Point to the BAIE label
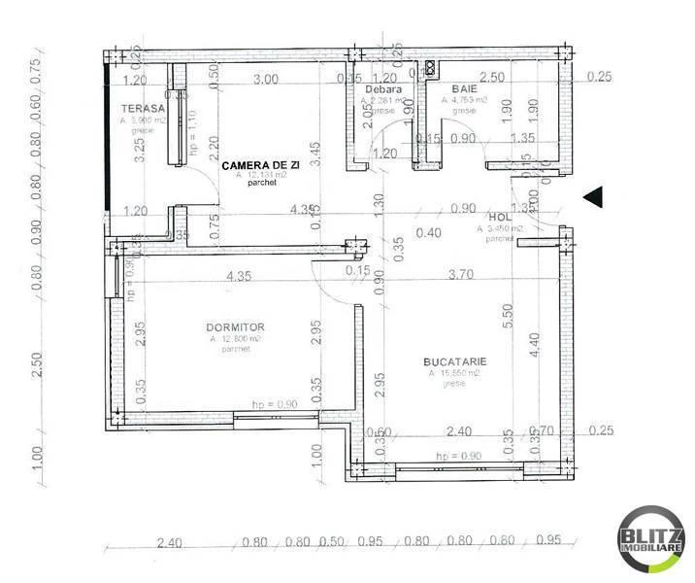pyautogui.click(x=454, y=88)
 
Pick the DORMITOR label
pyautogui.click(x=235, y=327)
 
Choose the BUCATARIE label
pyautogui.click(x=454, y=360)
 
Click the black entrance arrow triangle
pyautogui.click(x=595, y=196)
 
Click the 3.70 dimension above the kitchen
pyautogui.click(x=462, y=275)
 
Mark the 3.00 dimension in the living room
pyautogui.click(x=265, y=79)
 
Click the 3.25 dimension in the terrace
pyautogui.click(x=141, y=149)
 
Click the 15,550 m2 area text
pyautogui.click(x=453, y=373)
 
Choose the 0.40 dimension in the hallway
pyautogui.click(x=428, y=232)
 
